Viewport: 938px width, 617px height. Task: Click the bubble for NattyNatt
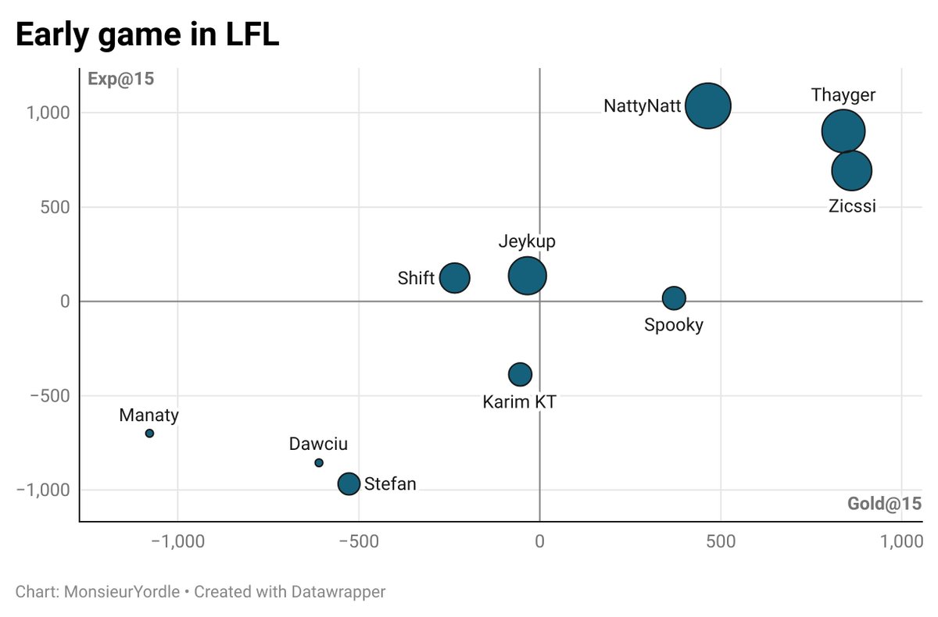tap(708, 105)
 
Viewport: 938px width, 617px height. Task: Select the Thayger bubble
tap(843, 131)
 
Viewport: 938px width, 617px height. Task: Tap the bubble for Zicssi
tap(851, 170)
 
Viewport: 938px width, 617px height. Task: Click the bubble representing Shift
tap(454, 277)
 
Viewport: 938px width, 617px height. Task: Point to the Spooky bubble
tap(674, 298)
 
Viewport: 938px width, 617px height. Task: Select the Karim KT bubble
tap(520, 374)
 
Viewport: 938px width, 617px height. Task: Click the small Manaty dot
tap(149, 433)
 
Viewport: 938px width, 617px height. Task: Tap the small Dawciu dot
tap(319, 463)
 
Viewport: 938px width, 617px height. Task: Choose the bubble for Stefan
tap(349, 483)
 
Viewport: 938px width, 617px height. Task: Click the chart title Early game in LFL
tap(147, 36)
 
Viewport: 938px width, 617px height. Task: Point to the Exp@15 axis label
tap(120, 80)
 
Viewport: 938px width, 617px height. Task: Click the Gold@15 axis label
tap(884, 504)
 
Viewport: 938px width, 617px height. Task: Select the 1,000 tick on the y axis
tap(48, 112)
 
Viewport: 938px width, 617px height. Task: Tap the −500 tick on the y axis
tap(48, 396)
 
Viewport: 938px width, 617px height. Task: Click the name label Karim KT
tap(520, 402)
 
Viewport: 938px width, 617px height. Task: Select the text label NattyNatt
tap(642, 106)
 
